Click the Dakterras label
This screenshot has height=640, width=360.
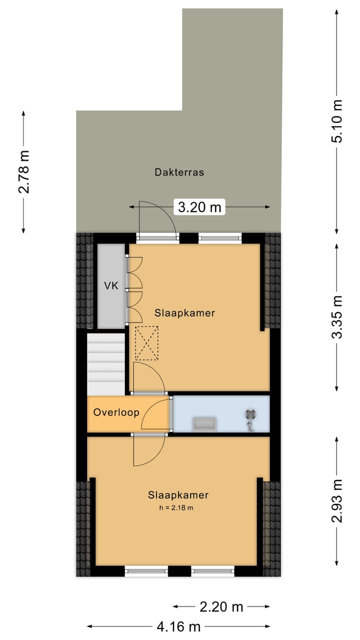click(179, 172)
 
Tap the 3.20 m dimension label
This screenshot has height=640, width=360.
click(199, 207)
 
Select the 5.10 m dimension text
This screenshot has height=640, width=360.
click(337, 121)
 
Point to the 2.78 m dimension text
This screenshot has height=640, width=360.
click(23, 171)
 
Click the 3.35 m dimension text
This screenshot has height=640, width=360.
click(337, 317)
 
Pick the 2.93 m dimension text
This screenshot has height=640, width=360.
click(337, 501)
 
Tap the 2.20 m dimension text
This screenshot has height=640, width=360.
click(221, 607)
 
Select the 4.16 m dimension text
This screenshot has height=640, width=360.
click(178, 627)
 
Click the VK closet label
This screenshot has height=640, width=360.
click(111, 285)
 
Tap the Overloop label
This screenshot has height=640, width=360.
click(116, 412)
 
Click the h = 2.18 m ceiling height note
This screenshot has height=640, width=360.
click(176, 508)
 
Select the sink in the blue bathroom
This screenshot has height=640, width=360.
click(204, 424)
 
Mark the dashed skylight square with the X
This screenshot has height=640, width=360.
click(146, 343)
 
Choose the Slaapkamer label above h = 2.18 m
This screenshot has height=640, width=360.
click(178, 495)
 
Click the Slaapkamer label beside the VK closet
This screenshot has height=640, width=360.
click(184, 313)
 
